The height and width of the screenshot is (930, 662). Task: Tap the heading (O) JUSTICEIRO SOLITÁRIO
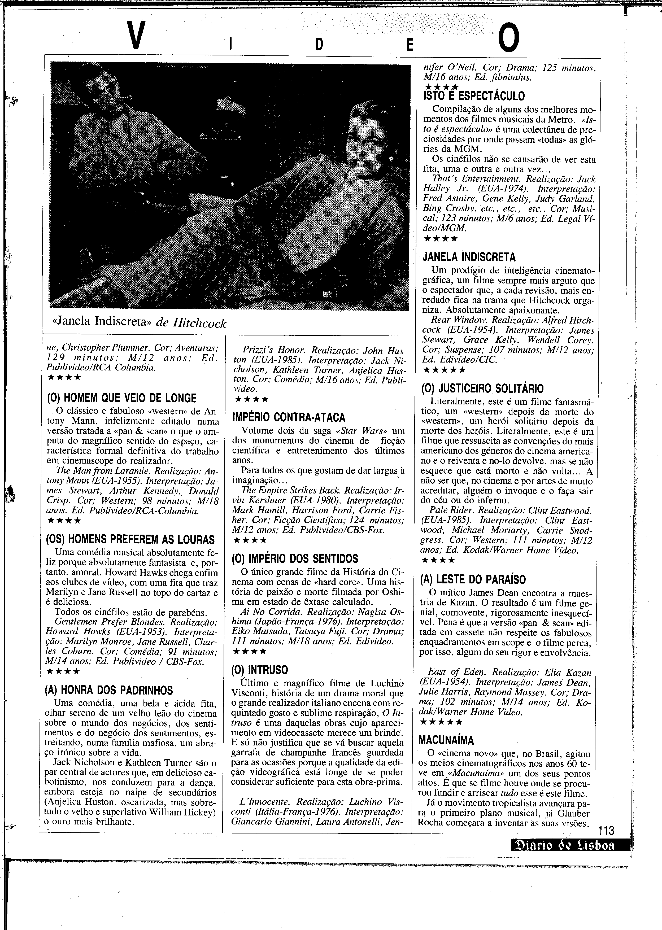[482, 388]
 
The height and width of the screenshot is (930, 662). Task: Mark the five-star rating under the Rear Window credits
[444, 370]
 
